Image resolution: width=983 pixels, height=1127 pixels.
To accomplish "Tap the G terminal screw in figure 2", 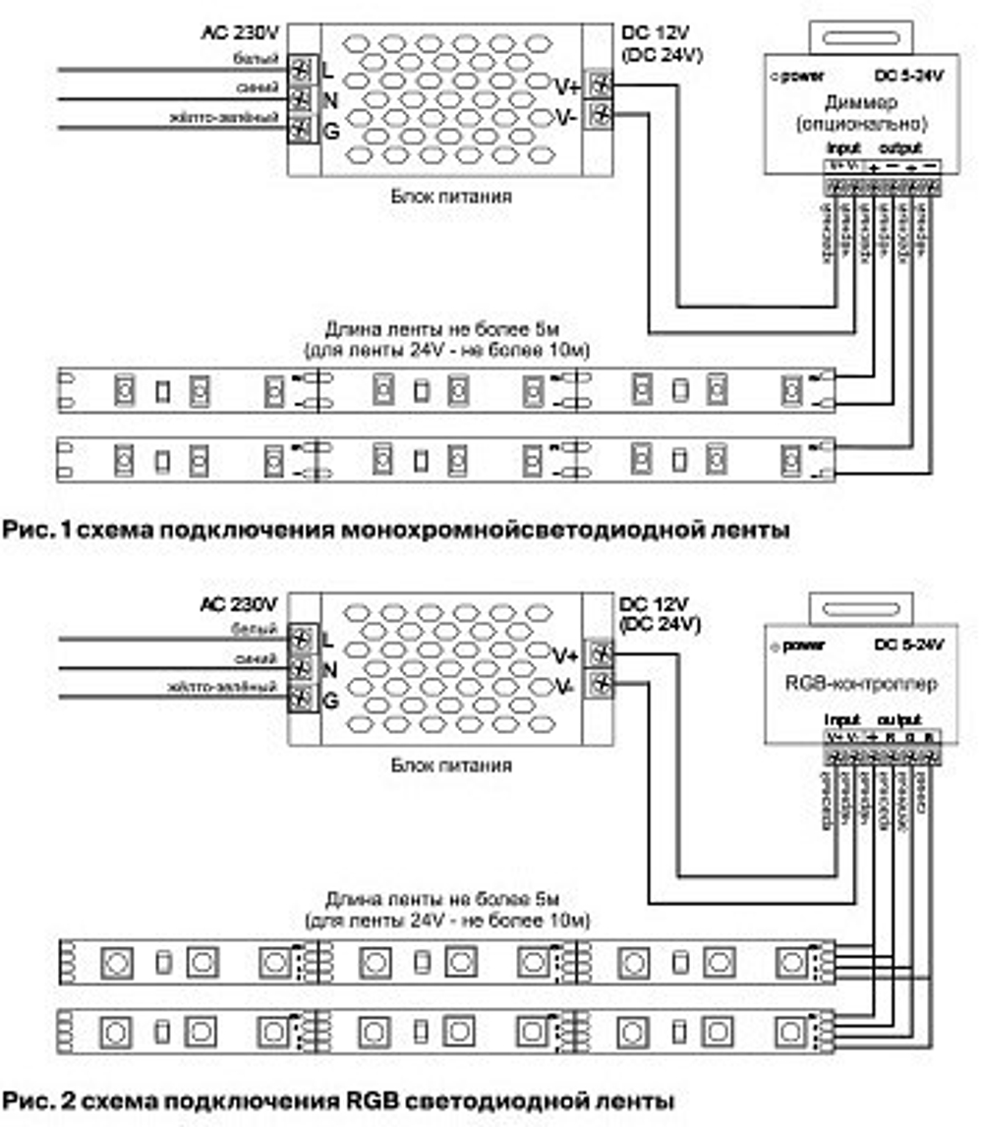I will point(301,700).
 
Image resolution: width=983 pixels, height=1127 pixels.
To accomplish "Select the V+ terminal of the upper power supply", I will point(598,85).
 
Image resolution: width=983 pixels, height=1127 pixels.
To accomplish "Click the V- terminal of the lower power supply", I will point(598,684).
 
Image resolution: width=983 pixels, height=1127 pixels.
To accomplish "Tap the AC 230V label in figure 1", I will point(239,31).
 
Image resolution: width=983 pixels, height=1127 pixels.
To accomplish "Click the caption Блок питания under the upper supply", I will point(451,196).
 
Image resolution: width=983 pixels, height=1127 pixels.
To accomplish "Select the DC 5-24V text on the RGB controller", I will point(908,645).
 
